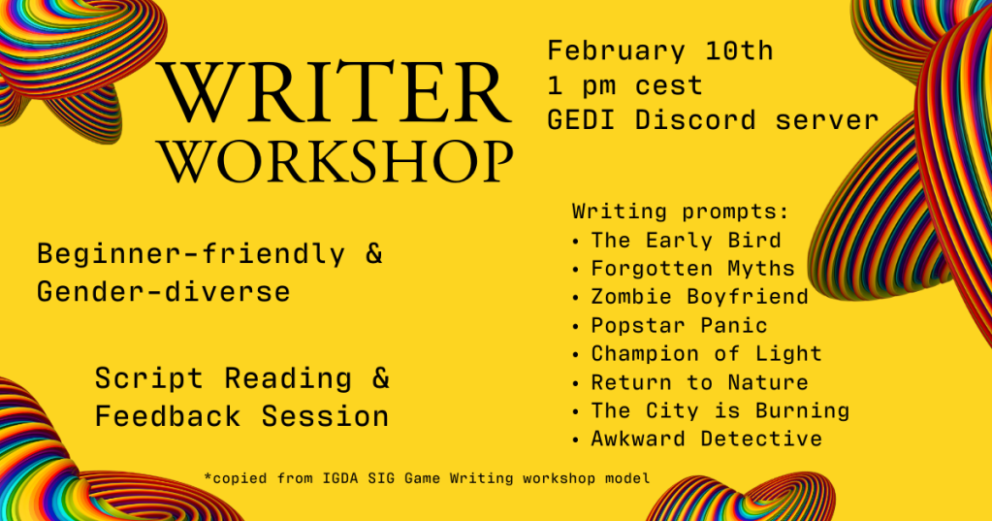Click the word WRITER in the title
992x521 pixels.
tap(336, 92)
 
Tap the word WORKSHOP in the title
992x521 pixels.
tap(336, 163)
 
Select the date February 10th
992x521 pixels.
tap(659, 50)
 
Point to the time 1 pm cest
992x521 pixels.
tap(625, 85)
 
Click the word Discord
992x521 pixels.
tap(695, 120)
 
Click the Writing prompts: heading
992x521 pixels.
tap(681, 212)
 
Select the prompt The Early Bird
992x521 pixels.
tap(686, 241)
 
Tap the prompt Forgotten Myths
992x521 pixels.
tap(692, 269)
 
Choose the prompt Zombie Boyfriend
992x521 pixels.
tap(700, 296)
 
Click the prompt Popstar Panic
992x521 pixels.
tap(679, 325)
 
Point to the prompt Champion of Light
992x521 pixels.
tap(706, 353)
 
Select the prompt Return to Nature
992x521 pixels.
tap(700, 382)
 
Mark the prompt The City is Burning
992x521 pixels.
tap(720, 410)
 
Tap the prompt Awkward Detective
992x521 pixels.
tap(706, 439)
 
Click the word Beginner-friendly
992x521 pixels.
tap(191, 254)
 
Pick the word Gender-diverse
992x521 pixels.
tap(163, 292)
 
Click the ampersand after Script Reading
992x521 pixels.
tap(381, 378)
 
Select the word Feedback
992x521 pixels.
tap(169, 416)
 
